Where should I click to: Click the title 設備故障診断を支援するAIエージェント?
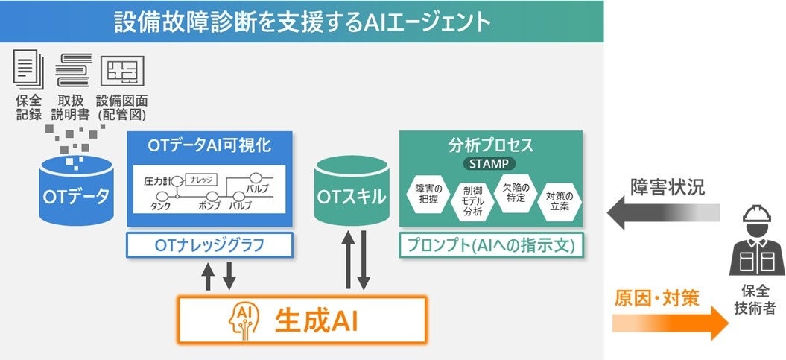pos(302,21)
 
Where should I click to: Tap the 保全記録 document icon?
pos(25,70)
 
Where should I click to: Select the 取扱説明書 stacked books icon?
pos(72,70)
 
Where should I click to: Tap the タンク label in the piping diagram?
pos(161,205)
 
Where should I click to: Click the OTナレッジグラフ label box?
pos(209,244)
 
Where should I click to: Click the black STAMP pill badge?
pos(490,162)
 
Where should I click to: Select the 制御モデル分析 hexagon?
pos(473,200)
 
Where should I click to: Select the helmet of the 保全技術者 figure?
pos(757,217)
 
